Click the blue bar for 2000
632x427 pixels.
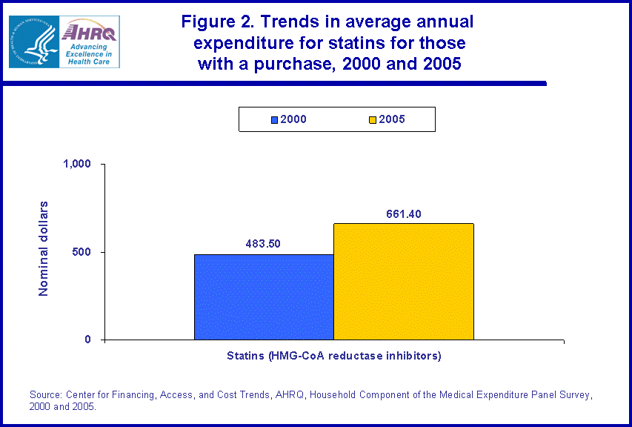click(264, 297)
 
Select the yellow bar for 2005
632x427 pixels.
click(404, 282)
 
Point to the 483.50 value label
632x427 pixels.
click(264, 243)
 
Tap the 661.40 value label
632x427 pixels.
click(404, 214)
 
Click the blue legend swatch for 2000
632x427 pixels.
click(274, 119)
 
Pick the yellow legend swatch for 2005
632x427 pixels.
click(373, 119)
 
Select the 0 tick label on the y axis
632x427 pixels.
click(87, 340)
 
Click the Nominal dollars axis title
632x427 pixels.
click(44, 248)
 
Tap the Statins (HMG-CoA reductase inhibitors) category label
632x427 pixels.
click(334, 357)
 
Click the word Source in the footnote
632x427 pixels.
click(45, 395)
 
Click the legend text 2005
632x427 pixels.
click(392, 119)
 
